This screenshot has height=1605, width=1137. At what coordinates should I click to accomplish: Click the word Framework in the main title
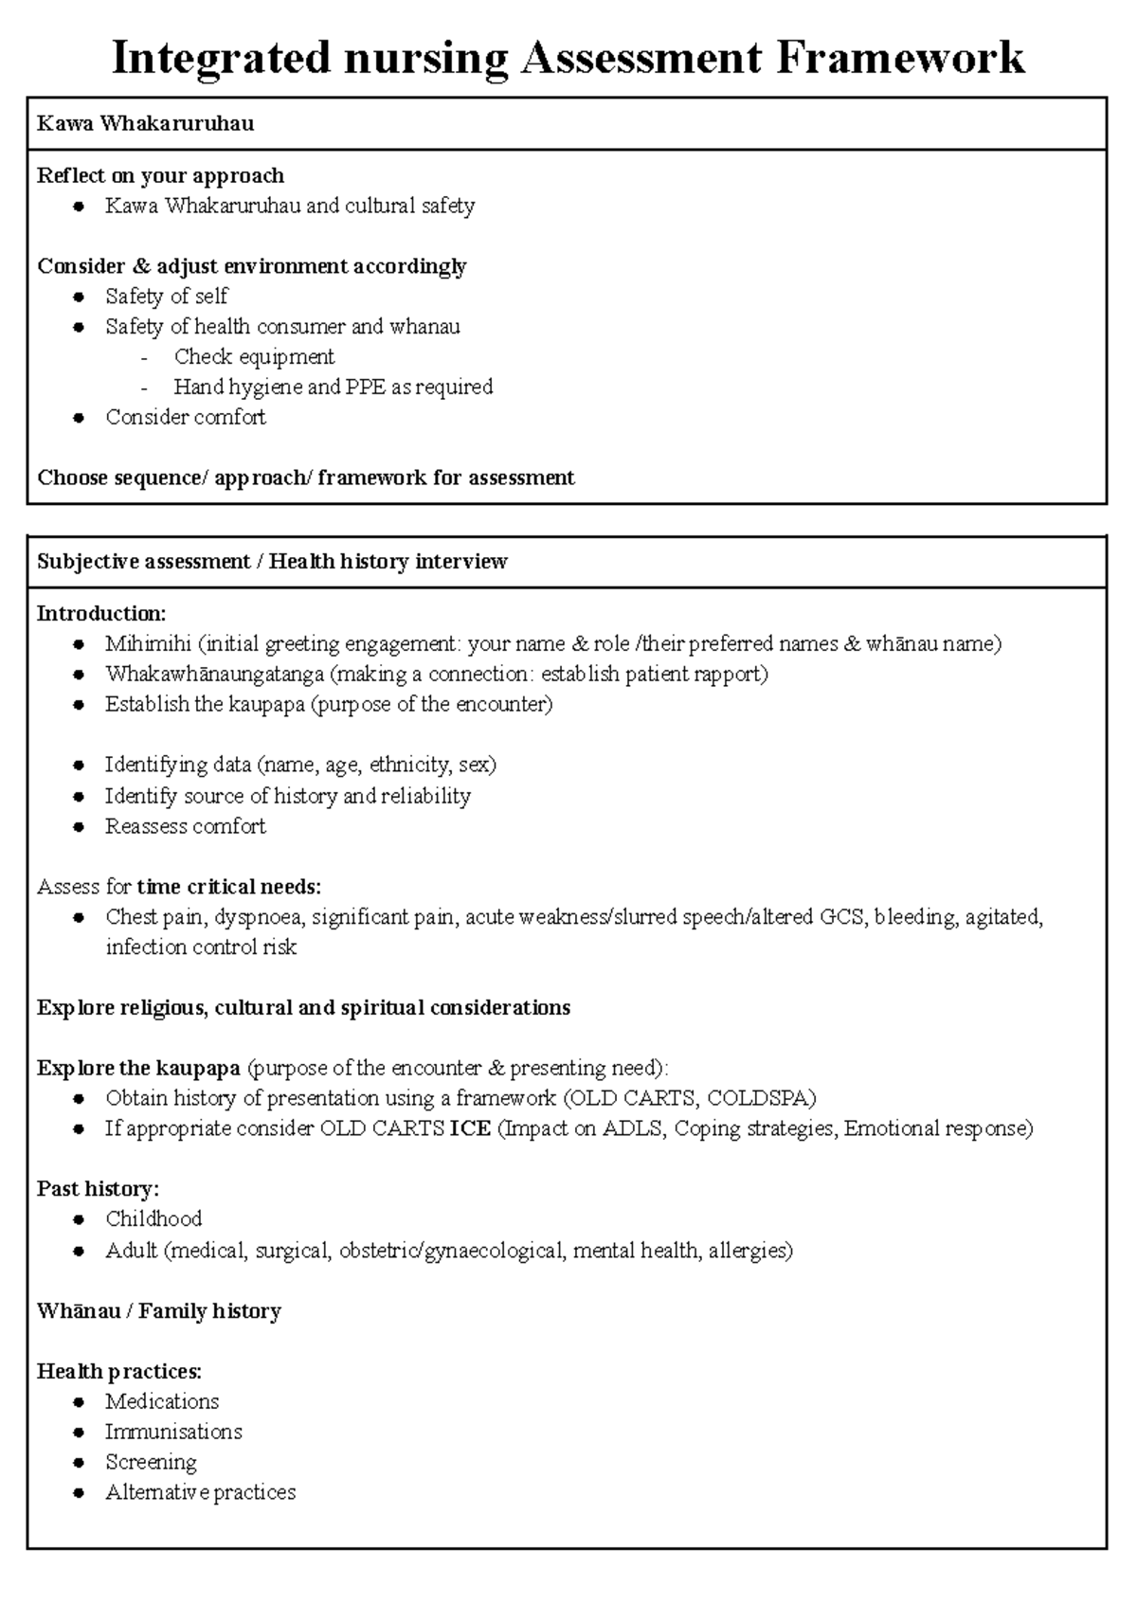tap(900, 58)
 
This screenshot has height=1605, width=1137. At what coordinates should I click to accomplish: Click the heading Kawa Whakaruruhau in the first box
tap(145, 124)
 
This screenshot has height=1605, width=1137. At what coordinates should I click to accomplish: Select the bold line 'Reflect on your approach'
tap(160, 176)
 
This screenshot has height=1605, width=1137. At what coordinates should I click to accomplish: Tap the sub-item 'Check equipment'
tap(254, 357)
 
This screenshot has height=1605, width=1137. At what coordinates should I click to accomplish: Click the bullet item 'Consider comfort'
tap(185, 418)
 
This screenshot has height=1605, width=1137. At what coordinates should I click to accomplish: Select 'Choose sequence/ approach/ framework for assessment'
tap(305, 478)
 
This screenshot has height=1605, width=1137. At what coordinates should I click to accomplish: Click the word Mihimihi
tap(148, 644)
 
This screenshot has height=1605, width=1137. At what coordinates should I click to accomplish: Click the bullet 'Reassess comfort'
tap(185, 826)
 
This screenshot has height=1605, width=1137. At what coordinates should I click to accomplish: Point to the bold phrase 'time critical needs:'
tap(229, 887)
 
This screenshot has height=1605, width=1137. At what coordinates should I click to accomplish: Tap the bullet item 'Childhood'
tap(153, 1219)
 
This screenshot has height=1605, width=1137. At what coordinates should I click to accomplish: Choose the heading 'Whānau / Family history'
tap(158, 1311)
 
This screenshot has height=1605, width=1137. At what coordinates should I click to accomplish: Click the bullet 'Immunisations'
tap(173, 1432)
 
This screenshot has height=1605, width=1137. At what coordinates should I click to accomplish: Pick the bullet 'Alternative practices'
tap(200, 1492)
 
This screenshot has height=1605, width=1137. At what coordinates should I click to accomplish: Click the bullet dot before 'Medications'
tap(80, 1402)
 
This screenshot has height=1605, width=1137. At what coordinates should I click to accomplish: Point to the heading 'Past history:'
tap(98, 1189)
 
